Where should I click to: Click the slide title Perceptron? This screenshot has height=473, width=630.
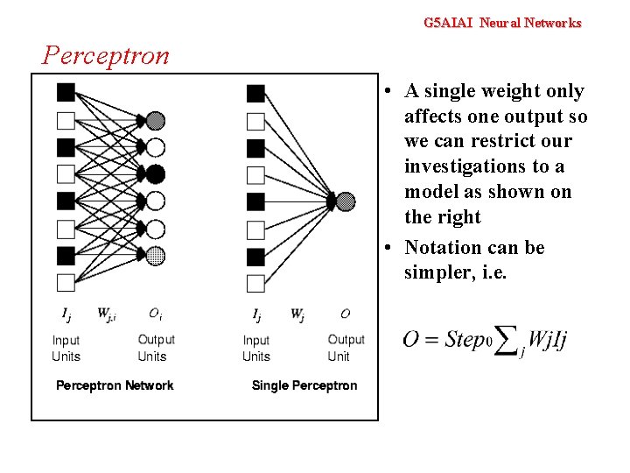pos(106,55)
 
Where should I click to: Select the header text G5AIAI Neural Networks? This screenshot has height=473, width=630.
pos(501,23)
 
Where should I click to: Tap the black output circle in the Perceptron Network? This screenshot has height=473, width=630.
pos(155,173)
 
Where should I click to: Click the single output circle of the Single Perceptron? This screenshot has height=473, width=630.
pos(346,201)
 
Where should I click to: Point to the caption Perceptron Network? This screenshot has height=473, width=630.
pos(115,385)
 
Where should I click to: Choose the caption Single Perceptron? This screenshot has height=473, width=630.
pos(304,385)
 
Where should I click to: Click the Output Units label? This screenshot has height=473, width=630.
pos(156,348)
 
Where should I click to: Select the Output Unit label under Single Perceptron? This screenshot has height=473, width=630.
pos(346,348)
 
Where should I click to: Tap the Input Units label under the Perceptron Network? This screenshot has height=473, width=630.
pos(66,348)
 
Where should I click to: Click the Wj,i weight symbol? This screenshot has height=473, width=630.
pos(106,314)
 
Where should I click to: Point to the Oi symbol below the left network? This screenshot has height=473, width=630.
pos(154,314)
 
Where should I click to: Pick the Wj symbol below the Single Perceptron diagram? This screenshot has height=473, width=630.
pos(297,314)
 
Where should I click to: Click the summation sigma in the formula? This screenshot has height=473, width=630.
pos(505,342)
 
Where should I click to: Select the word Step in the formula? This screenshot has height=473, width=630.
pos(464,339)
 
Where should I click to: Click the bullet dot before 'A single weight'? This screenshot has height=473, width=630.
pos(388,91)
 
